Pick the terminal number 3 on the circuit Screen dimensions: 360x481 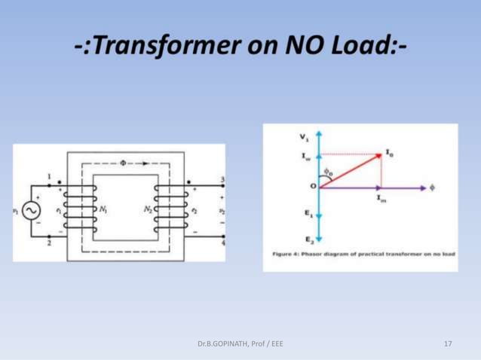(x=222, y=179)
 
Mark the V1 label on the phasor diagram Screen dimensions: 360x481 (x=303, y=137)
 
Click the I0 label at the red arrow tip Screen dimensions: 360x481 (x=389, y=152)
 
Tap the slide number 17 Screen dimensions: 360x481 (x=449, y=343)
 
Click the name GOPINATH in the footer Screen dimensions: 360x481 (x=227, y=343)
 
